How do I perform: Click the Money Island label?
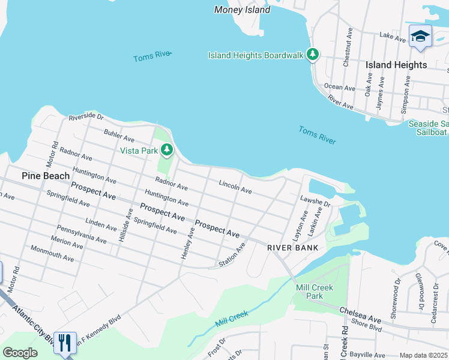click(x=238, y=10)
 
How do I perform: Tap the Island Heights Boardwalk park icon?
click(x=312, y=55)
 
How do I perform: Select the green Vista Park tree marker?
click(x=167, y=150)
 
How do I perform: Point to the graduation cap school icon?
click(x=420, y=35)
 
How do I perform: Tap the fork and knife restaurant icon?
click(x=65, y=343)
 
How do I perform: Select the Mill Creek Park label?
click(x=314, y=292)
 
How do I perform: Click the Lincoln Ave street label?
click(x=235, y=187)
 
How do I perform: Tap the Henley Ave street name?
click(x=187, y=243)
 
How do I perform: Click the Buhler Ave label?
click(x=119, y=135)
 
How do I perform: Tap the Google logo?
click(x=20, y=353)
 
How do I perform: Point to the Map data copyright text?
click(x=423, y=355)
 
